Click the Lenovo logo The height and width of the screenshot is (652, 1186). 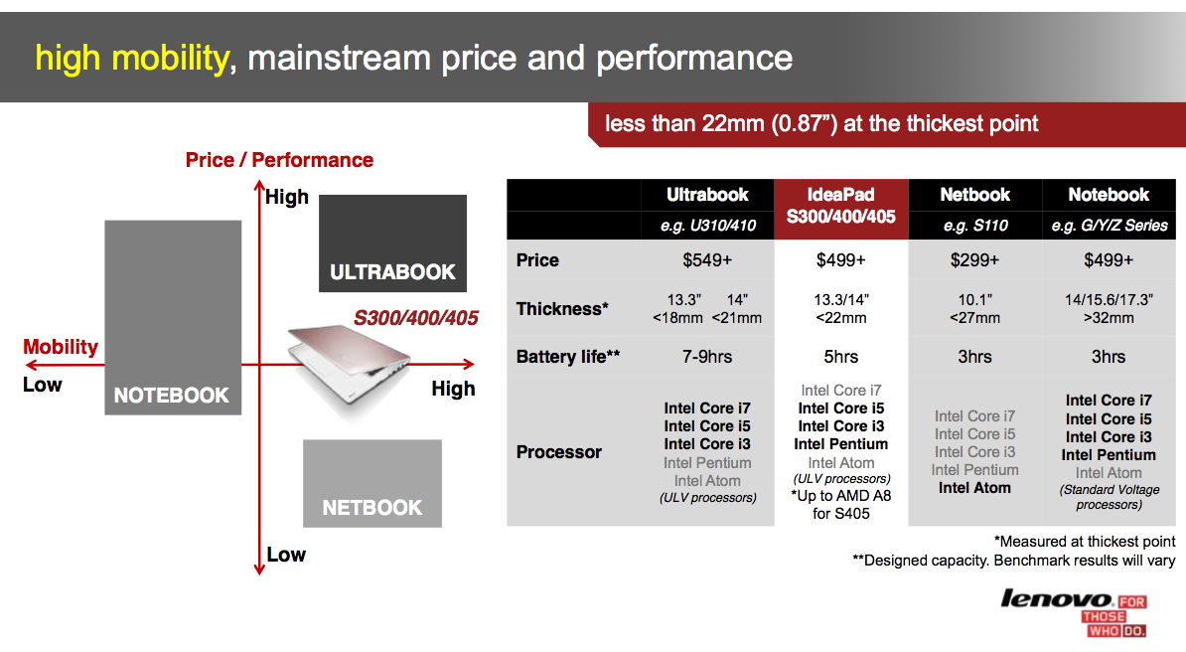pyautogui.click(x=1074, y=612)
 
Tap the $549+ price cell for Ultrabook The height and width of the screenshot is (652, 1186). pyautogui.click(x=707, y=260)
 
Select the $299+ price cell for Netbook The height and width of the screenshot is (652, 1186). pyautogui.click(x=974, y=260)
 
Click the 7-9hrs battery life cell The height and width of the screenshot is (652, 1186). pyautogui.click(x=707, y=357)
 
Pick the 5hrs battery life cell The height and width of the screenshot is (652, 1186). pyautogui.click(x=840, y=357)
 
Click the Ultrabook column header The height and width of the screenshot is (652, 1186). pyautogui.click(x=707, y=195)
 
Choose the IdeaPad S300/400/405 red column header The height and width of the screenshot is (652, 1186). pyautogui.click(x=840, y=209)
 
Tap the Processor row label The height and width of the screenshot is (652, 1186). pyautogui.click(x=559, y=452)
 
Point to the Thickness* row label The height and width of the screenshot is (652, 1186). pyautogui.click(x=562, y=309)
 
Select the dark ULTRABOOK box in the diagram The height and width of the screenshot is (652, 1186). pyautogui.click(x=392, y=244)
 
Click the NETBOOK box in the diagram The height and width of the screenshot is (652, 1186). pyautogui.click(x=372, y=483)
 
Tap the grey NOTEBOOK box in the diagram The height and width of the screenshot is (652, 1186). pyautogui.click(x=173, y=317)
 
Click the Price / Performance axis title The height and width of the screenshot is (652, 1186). pyautogui.click(x=279, y=161)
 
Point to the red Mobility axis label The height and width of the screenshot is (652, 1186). pyautogui.click(x=61, y=347)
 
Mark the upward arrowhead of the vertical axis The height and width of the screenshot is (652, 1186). pyautogui.click(x=259, y=184)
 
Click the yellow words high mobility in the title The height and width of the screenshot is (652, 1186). pyautogui.click(x=131, y=59)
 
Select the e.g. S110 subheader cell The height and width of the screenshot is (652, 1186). pyautogui.click(x=974, y=225)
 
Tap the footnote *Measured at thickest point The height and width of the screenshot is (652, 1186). pyautogui.click(x=1085, y=542)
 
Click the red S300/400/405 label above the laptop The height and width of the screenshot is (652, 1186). pyautogui.click(x=416, y=318)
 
